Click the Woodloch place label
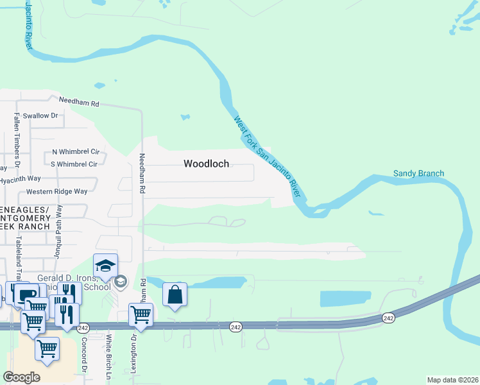click(x=206, y=164)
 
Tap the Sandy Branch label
click(x=418, y=173)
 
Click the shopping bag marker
click(x=175, y=295)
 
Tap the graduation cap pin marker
click(x=106, y=266)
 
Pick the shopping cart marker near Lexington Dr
click(x=141, y=315)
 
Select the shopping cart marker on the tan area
click(x=47, y=350)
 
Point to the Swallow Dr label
click(x=40, y=116)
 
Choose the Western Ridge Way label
click(x=56, y=191)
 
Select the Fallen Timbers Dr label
click(x=17, y=137)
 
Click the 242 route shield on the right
click(x=388, y=318)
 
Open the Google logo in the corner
click(x=21, y=377)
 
